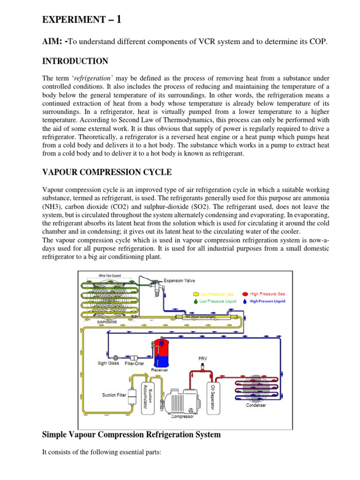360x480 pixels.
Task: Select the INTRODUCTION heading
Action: (x=75, y=61)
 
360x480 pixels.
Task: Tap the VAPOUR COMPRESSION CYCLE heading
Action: (x=107, y=172)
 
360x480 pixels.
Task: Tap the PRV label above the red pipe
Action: (x=203, y=359)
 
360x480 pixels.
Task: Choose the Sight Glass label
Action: (x=108, y=363)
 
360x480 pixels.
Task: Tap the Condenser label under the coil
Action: (x=256, y=405)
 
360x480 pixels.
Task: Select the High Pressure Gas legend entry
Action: (x=264, y=294)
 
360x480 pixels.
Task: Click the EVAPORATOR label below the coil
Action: (x=107, y=322)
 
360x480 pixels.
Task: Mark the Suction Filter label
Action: (x=114, y=395)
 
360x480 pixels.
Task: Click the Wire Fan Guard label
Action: (x=110, y=276)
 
